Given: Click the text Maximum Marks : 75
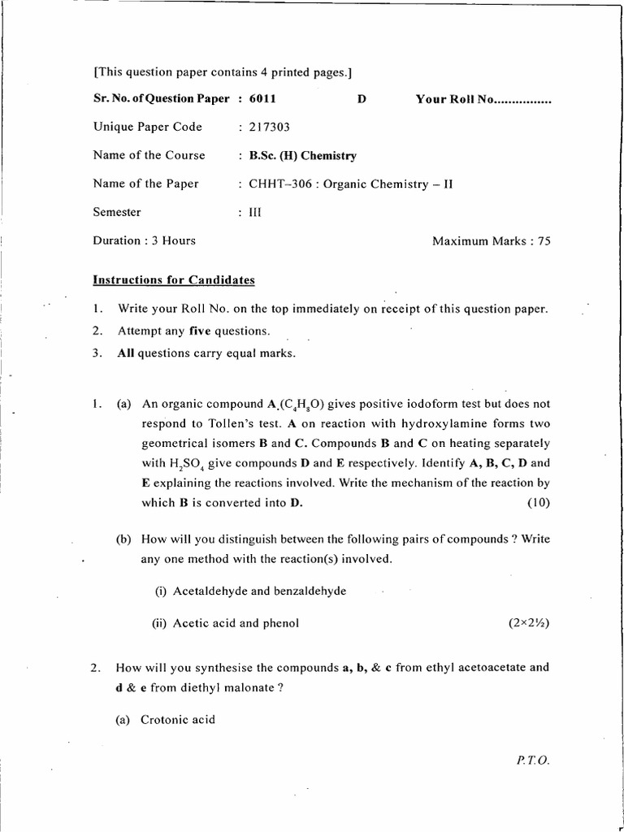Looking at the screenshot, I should click(x=491, y=240).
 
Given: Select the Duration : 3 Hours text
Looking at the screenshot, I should click(x=144, y=240).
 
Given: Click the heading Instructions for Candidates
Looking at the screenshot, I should click(x=174, y=280).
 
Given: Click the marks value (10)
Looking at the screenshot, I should click(x=538, y=502).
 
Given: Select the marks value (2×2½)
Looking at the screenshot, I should click(x=529, y=623).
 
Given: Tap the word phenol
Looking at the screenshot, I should click(x=279, y=623).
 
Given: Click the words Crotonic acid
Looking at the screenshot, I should click(x=177, y=719).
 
